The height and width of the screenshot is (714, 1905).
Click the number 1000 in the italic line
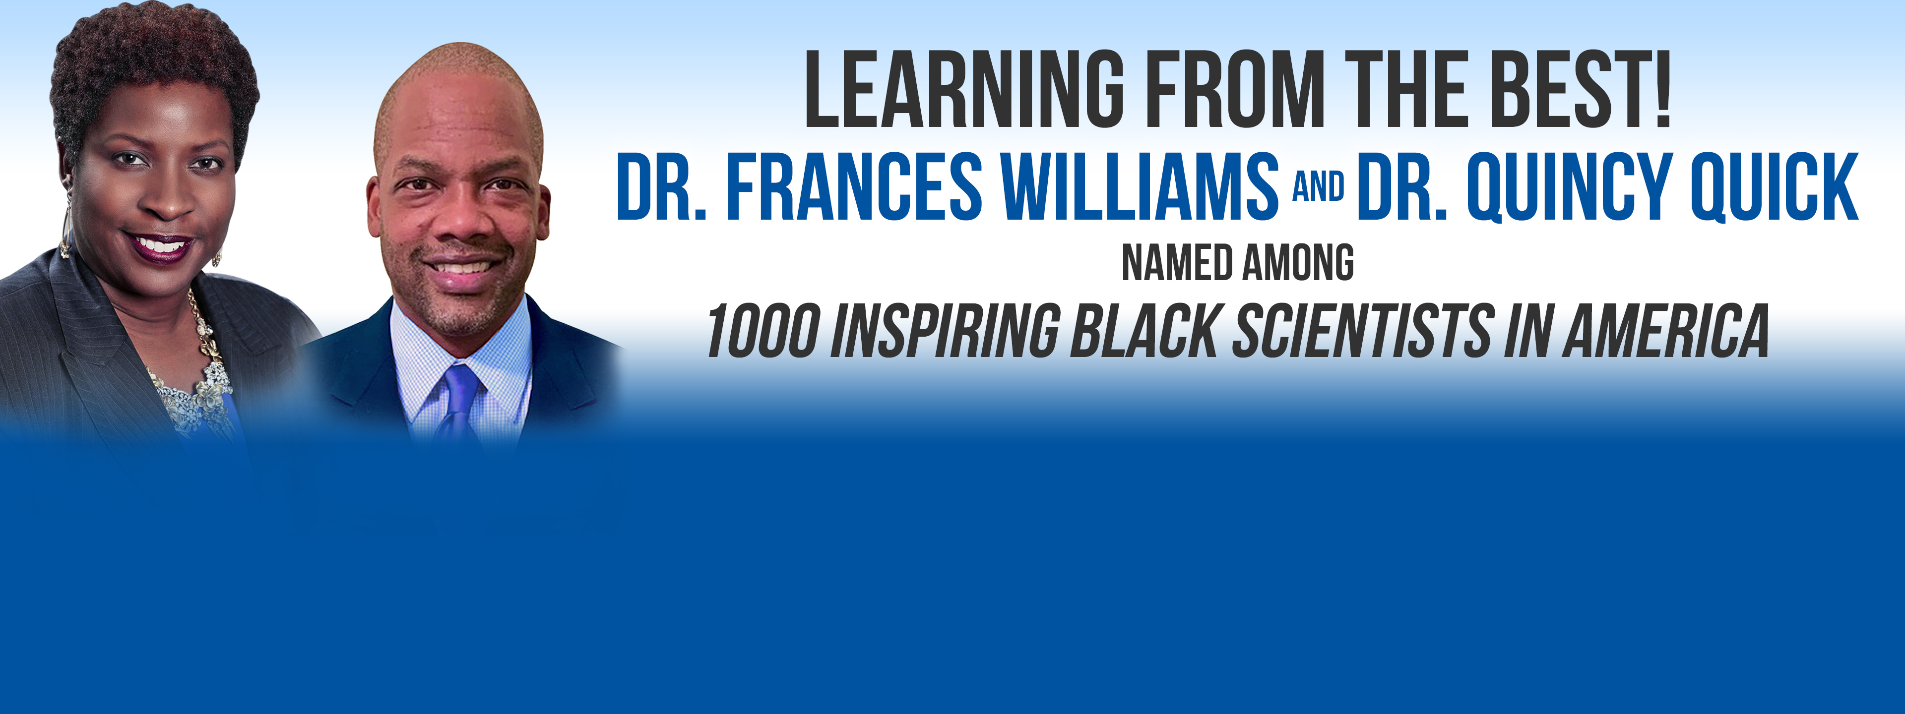click(763, 331)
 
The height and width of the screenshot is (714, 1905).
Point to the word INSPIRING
click(945, 331)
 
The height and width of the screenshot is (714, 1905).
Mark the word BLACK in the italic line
click(1145, 331)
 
